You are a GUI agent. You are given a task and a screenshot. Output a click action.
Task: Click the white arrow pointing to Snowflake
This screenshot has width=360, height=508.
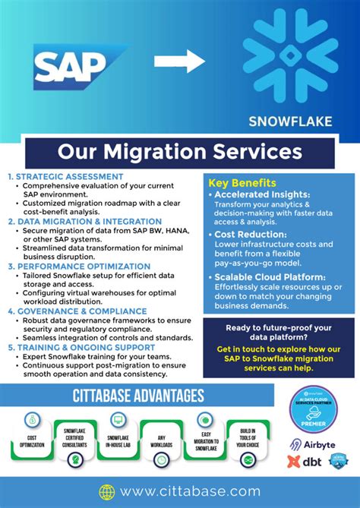coord(178,62)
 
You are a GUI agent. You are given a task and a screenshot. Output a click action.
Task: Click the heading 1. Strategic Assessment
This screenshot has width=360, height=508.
coord(65,177)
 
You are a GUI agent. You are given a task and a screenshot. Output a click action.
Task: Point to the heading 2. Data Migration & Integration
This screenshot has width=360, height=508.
coord(84,222)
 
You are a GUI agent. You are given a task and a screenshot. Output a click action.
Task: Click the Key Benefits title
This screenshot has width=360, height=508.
coord(242,184)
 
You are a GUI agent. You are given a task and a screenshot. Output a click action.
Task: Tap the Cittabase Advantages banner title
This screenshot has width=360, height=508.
coord(137,396)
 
